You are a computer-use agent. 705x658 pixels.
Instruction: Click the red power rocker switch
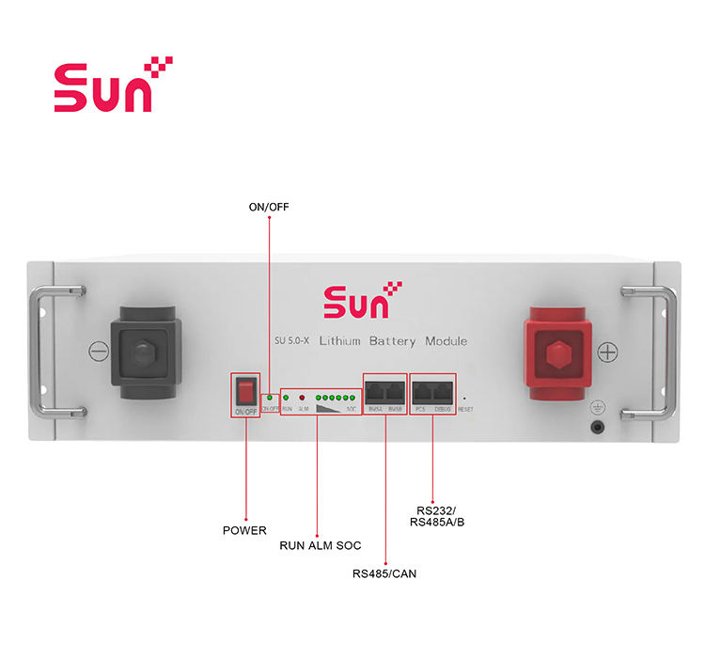[245, 390]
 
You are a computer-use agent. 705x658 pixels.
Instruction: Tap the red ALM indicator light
[303, 398]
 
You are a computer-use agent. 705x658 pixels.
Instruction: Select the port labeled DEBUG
[443, 390]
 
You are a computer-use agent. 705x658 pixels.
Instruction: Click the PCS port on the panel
[420, 390]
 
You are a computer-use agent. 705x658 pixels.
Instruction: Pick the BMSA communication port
[374, 390]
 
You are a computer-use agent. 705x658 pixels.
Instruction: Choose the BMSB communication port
[396, 390]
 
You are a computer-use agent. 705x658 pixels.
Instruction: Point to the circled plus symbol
[608, 352]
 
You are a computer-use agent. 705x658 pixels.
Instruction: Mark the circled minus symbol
[99, 352]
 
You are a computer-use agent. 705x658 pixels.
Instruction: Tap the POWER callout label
[244, 531]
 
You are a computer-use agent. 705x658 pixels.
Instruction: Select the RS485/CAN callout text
[384, 572]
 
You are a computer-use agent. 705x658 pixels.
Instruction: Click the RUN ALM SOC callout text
[321, 546]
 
